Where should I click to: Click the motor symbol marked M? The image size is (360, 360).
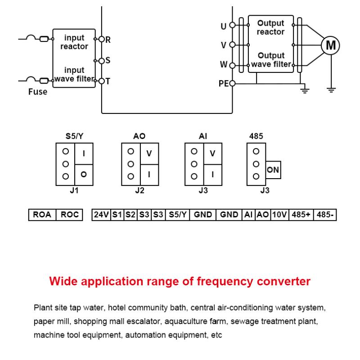[330, 45]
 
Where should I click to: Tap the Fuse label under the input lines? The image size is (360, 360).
[37, 92]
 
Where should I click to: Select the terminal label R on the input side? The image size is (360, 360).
[108, 40]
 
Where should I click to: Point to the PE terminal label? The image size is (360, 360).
[224, 84]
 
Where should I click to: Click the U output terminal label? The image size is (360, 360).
[224, 26]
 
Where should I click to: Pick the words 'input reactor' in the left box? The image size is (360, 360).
[74, 42]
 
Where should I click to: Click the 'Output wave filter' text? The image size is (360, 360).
[271, 60]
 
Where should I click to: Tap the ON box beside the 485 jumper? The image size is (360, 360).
[273, 170]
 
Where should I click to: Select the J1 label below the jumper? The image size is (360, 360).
[74, 191]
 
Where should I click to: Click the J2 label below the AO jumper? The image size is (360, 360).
[140, 191]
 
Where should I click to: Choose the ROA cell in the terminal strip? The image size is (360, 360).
[42, 215]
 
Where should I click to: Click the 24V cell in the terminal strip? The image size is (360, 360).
[101, 215]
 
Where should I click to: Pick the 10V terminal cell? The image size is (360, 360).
[279, 215]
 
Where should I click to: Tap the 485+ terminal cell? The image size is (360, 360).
[301, 215]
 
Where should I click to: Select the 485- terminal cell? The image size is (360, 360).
[325, 215]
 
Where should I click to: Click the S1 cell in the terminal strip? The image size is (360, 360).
[117, 215]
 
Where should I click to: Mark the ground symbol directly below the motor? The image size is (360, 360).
[331, 90]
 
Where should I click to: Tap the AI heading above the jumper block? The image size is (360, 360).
[203, 135]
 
